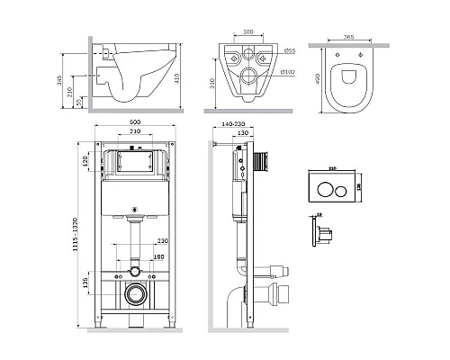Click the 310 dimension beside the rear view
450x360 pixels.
(209, 86)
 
